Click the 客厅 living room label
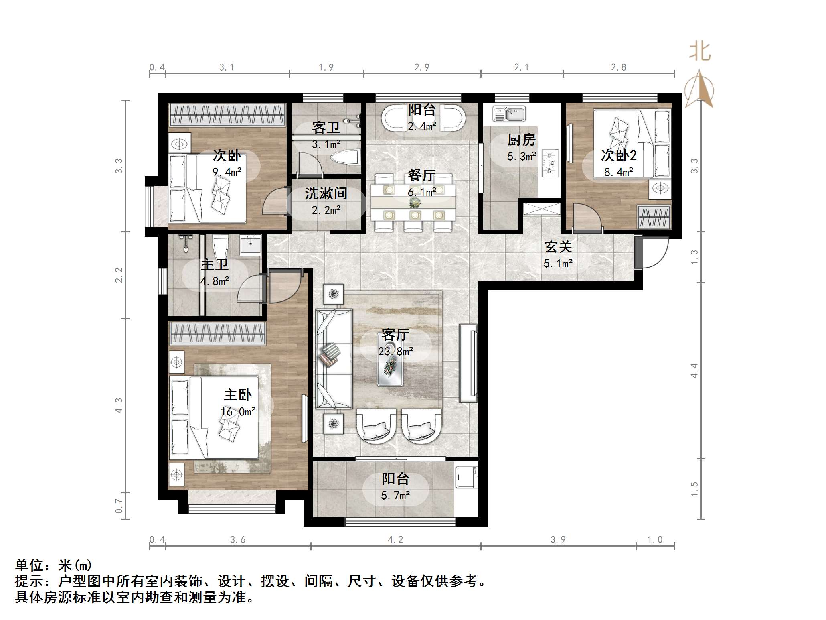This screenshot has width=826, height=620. pos(395,334)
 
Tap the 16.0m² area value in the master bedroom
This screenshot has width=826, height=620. pos(238,412)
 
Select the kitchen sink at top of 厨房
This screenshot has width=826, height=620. pos(509,114)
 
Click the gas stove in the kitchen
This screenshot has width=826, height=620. pos(551,163)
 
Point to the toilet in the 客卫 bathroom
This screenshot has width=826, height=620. pos(345,157)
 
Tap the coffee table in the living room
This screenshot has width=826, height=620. pos(390,364)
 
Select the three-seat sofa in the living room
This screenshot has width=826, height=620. pos(333,358)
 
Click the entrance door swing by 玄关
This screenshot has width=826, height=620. pos(653,253)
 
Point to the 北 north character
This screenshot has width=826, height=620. pos(700,52)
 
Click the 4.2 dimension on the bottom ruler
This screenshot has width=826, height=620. pos(395,540)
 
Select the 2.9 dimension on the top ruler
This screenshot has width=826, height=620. pos(422,67)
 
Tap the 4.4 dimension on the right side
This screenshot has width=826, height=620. pos(694,370)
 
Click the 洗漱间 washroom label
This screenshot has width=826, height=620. pos(326,194)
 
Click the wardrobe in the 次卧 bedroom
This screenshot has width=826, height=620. pos(227,114)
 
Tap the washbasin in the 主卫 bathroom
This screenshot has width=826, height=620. pos(251,245)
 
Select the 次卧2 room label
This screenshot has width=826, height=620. pos(619,155)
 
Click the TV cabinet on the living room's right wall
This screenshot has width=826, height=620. pos(468,363)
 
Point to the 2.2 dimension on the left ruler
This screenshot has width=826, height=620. pos(119,275)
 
